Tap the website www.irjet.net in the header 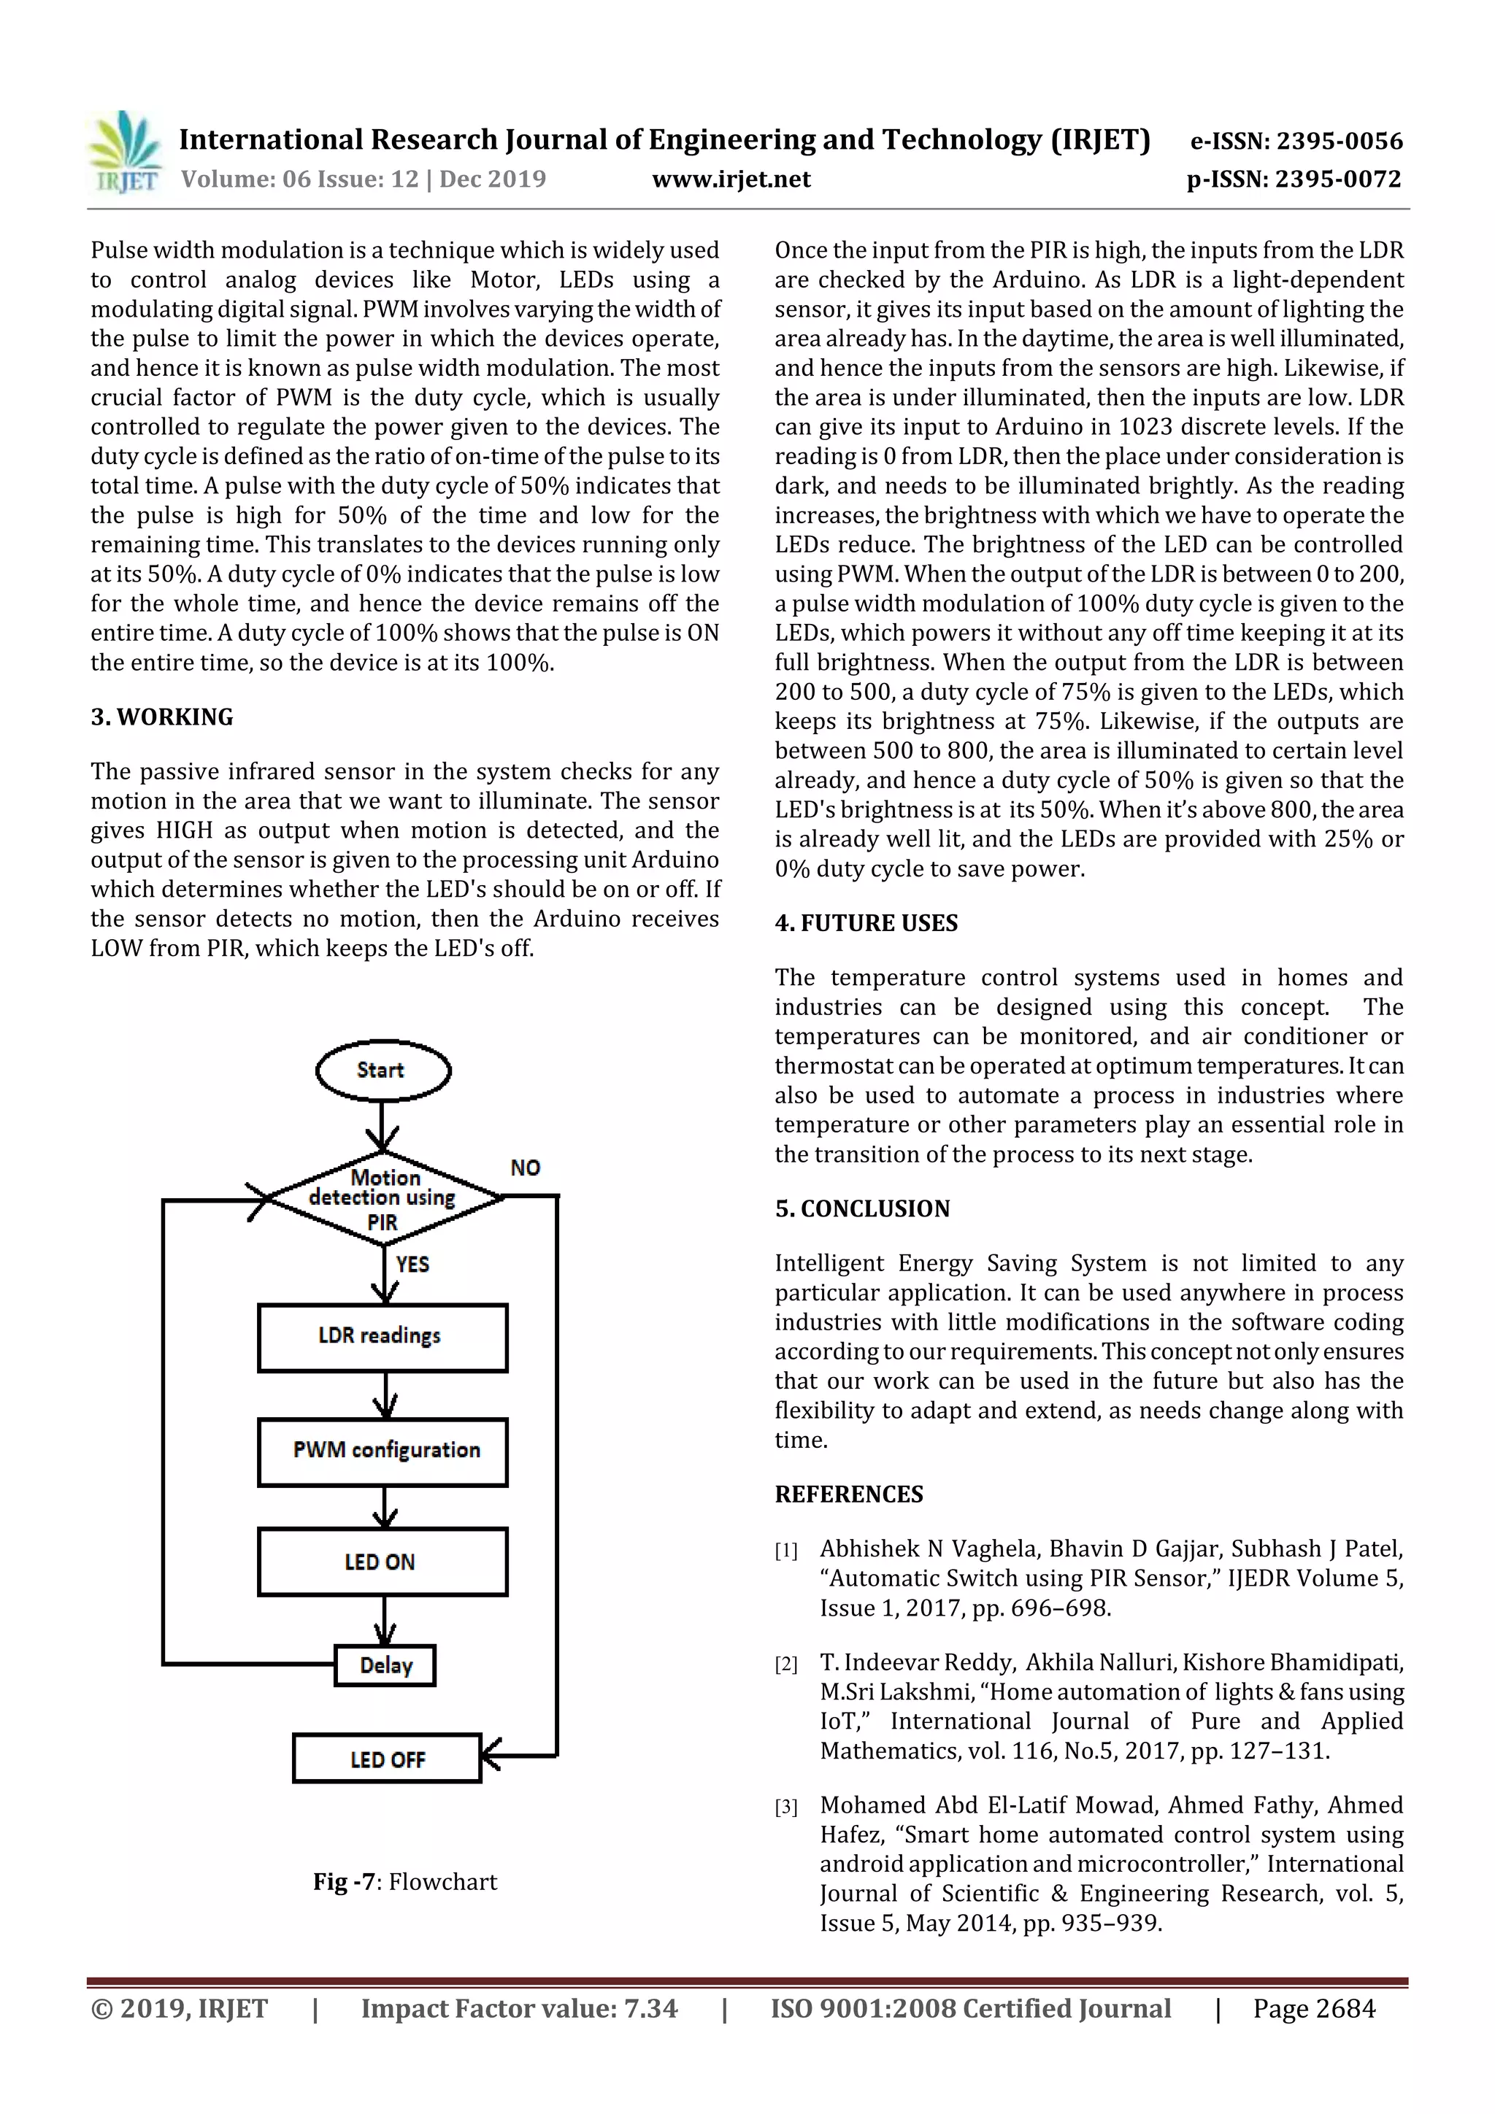click(x=731, y=180)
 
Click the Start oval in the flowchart click(x=383, y=1070)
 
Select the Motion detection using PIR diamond click(x=383, y=1199)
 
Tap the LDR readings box click(x=383, y=1337)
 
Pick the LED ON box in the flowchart click(x=383, y=1562)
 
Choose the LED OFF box click(x=387, y=1759)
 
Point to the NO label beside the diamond click(x=525, y=1168)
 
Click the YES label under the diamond click(x=412, y=1264)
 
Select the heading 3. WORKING click(x=162, y=717)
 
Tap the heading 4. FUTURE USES click(x=866, y=924)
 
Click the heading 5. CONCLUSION click(x=861, y=1209)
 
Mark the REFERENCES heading click(x=848, y=1494)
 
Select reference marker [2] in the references click(x=785, y=1664)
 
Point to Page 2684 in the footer click(x=1313, y=2009)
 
